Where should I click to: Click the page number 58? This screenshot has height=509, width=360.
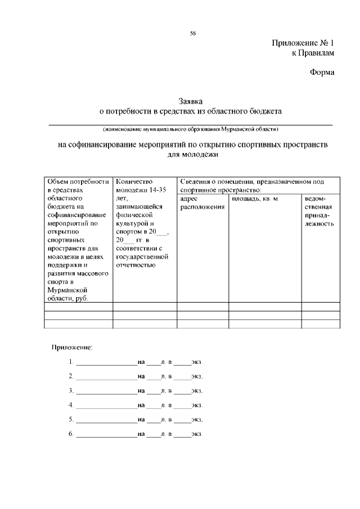pos(192,33)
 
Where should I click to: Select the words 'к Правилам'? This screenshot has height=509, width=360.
pos(313,54)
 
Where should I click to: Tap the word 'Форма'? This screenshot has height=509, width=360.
pos(322,72)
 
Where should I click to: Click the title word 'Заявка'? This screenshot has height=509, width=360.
pos(191,102)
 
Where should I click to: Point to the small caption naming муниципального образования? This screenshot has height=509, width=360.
pos(191,129)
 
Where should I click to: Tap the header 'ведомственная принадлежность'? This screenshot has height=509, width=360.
pos(319,211)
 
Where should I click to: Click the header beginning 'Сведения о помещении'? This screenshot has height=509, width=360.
pos(252,186)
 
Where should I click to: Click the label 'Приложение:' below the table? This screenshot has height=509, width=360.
pos(72,347)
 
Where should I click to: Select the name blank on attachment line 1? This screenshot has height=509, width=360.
pos(106,362)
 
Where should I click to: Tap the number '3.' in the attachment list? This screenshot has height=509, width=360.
pos(71,390)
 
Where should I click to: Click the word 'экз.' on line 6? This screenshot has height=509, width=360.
pos(197,434)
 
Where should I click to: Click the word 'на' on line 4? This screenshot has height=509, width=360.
pos(141,405)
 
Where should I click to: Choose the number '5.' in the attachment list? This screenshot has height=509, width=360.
pos(71,420)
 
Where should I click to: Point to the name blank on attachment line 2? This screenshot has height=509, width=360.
pos(106,376)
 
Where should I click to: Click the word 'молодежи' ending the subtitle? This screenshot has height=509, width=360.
pos(192,154)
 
